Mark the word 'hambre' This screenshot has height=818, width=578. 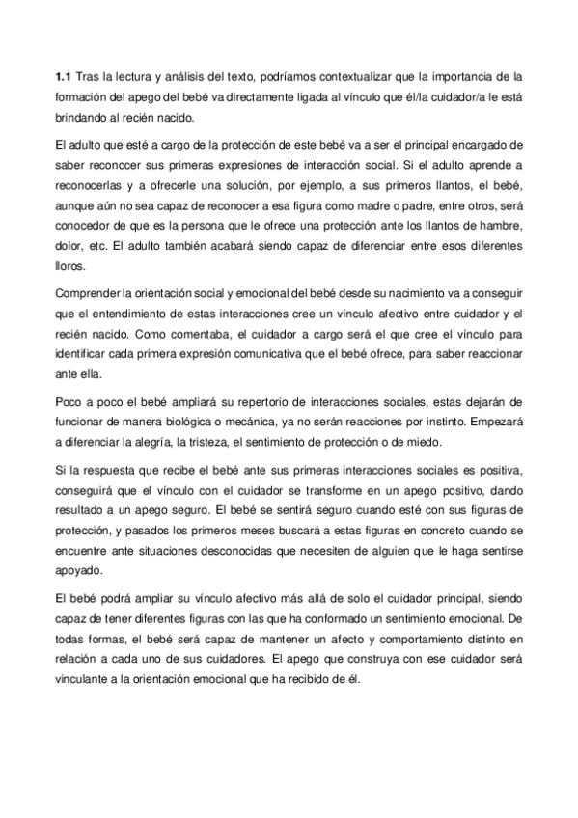point(501,225)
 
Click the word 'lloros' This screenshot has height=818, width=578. point(70,264)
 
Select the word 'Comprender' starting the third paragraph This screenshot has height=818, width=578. point(88,292)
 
